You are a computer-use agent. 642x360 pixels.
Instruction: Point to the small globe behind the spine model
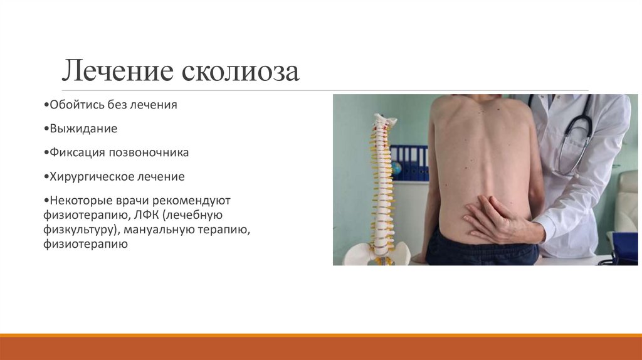tap(396, 169)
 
